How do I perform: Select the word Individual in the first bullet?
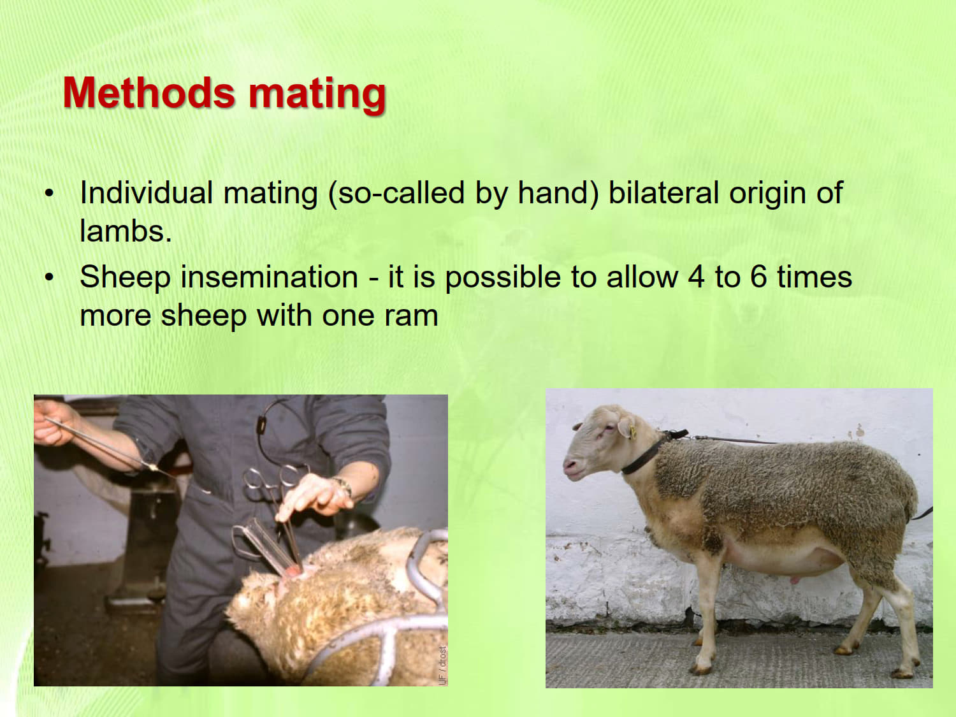coord(147,192)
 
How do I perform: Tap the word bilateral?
coord(663,192)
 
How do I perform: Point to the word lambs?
coord(126,231)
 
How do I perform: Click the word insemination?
coord(269,277)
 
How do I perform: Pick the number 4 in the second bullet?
coord(697,277)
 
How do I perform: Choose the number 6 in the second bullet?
coord(758,277)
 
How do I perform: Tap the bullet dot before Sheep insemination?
coord(49,277)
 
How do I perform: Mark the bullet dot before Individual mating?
coord(49,193)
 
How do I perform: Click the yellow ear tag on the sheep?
coord(632,432)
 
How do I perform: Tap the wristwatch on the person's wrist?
coord(343,486)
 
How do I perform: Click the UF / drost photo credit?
coord(442,665)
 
